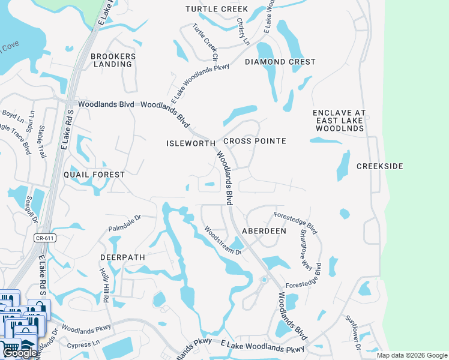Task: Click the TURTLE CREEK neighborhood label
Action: click(217, 9)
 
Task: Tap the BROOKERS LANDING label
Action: click(113, 60)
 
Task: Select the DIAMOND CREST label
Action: click(280, 62)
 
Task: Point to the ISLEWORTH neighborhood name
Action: click(190, 143)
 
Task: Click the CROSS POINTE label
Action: click(255, 141)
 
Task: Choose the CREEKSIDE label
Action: click(379, 166)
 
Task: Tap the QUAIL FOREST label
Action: click(94, 175)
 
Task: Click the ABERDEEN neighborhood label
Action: click(264, 230)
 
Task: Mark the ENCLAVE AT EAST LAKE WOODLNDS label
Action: click(339, 121)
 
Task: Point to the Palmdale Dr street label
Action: click(124, 224)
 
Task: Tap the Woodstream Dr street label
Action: click(222, 240)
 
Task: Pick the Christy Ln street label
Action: click(243, 31)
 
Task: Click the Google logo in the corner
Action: click(19, 353)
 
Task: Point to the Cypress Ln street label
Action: click(83, 345)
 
